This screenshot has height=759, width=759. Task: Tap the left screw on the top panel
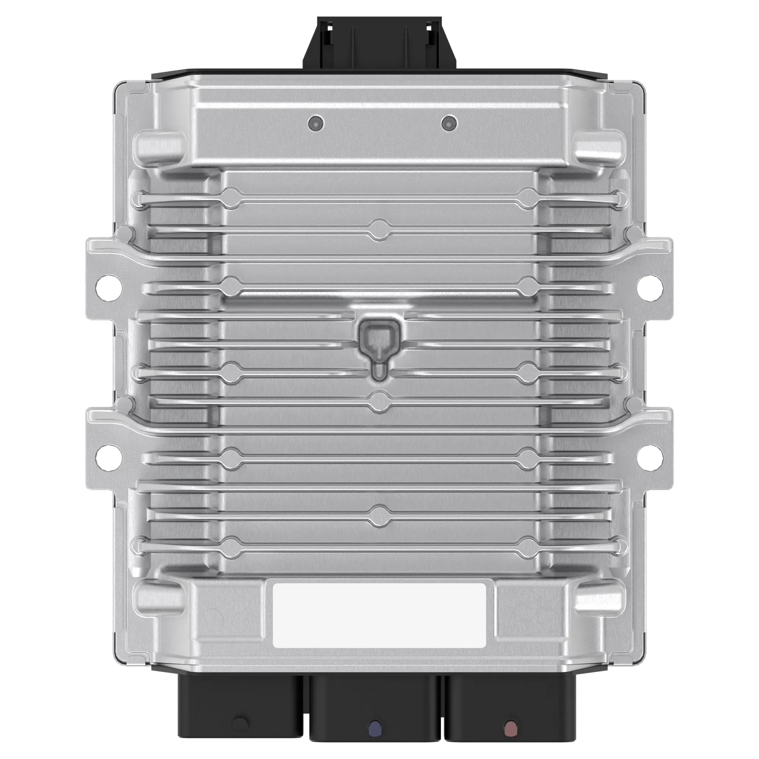[316, 123]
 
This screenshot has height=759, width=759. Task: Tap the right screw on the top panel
[449, 123]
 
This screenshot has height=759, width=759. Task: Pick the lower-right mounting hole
[650, 458]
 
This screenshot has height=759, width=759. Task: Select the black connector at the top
[379, 43]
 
